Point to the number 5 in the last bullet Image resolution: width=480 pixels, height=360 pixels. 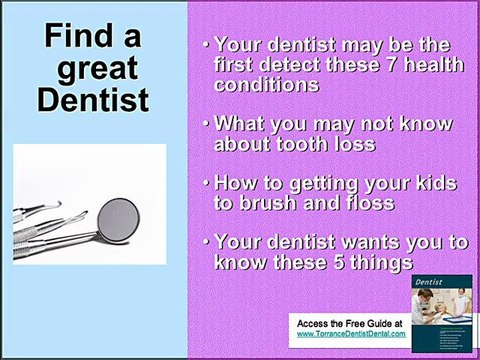[x=340, y=261]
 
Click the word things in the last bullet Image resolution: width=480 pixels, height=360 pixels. [x=384, y=261]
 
